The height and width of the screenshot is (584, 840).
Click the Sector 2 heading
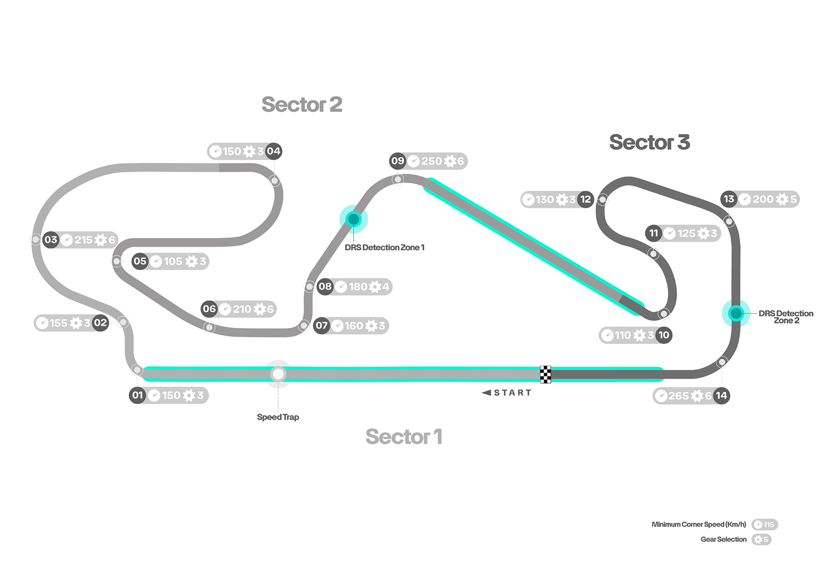[302, 105]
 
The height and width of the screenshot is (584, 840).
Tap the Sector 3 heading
[649, 142]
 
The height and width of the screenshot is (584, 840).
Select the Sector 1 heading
[404, 437]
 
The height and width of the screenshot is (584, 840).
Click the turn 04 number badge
[273, 151]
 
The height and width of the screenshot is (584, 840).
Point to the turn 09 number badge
[398, 161]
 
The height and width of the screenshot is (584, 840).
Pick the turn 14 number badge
[721, 396]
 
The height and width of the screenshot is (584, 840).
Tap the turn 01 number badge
[137, 395]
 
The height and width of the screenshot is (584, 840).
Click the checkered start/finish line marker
[545, 374]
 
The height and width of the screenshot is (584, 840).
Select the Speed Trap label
[278, 417]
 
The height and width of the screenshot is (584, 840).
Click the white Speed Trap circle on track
[278, 374]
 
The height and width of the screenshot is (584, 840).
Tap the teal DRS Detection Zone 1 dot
[354, 219]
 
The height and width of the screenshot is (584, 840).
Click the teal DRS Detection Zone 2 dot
[736, 313]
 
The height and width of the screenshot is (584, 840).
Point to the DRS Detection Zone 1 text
[384, 248]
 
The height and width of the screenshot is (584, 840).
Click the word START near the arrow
[513, 393]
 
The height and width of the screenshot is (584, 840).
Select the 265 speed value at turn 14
[678, 396]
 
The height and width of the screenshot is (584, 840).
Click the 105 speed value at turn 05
[173, 261]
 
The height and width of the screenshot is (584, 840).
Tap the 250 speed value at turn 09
[431, 161]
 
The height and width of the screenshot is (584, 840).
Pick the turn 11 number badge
[654, 233]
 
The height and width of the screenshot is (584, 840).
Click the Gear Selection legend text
[724, 540]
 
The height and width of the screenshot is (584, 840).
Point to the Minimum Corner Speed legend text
[699, 525]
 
